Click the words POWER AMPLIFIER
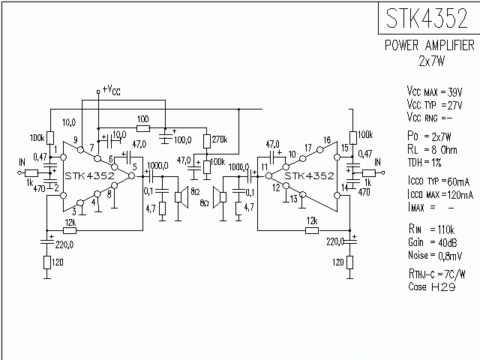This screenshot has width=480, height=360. pos(429,46)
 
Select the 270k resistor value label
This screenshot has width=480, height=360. pos(219,140)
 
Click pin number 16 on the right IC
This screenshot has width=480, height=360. pos(326,140)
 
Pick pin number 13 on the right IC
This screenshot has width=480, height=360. pos(294,199)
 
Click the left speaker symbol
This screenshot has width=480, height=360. pos(180,197)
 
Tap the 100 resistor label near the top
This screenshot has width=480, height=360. pos(143,119)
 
